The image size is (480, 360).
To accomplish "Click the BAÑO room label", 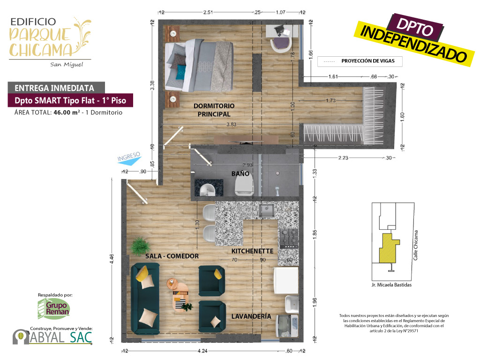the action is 240,173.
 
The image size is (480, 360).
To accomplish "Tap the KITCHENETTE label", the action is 252,251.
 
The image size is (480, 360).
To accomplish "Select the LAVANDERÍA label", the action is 251,316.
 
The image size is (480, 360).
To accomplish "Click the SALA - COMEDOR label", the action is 172,256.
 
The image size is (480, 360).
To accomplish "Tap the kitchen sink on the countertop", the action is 267,211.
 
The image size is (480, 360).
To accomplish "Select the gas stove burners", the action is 289,238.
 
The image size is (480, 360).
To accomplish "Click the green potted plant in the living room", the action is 141,246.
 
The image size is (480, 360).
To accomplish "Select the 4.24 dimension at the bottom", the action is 202,351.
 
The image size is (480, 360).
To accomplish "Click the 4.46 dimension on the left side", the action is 112,259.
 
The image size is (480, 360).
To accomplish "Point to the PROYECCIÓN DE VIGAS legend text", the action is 368,61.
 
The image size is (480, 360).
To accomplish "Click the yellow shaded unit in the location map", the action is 388,248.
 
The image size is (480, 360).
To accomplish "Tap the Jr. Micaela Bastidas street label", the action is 391,285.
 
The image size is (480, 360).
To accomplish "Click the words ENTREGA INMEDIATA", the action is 54,88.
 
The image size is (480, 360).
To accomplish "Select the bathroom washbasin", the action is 208,190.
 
